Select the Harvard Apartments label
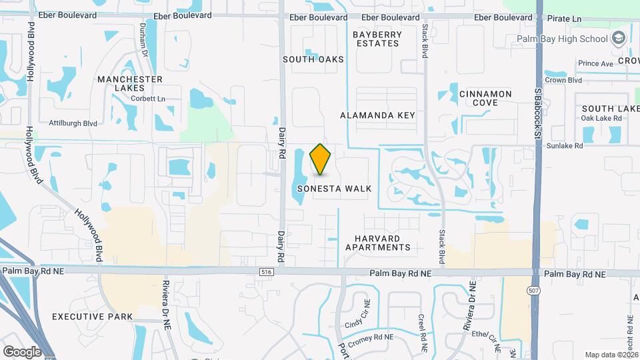[378, 243]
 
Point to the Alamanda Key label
[377, 115]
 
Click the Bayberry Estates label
[377, 39]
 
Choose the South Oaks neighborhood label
[313, 59]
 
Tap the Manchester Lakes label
[130, 83]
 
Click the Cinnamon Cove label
[485, 99]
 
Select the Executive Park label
[93, 317]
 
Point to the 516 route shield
[267, 272]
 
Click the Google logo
[22, 351]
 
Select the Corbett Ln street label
[148, 99]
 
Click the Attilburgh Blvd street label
[73, 123]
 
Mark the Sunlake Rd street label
[564, 145]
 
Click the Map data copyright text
[611, 355]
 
